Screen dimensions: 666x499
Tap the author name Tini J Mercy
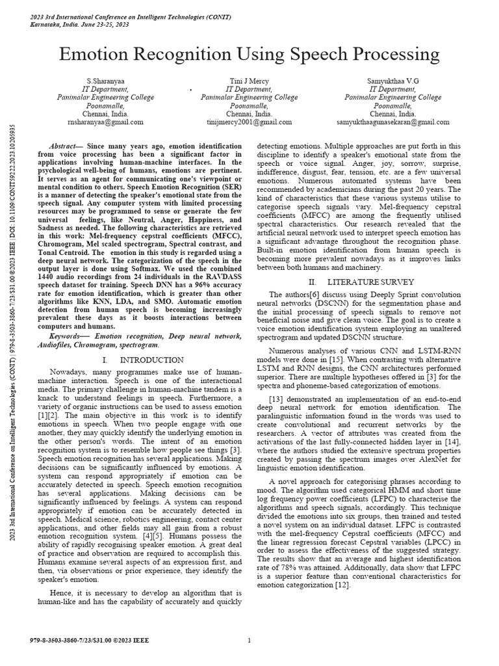point(249,80)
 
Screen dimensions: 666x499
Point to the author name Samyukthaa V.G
point(394,80)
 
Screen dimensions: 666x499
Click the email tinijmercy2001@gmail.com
point(249,122)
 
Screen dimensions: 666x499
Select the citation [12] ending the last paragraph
point(342,585)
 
